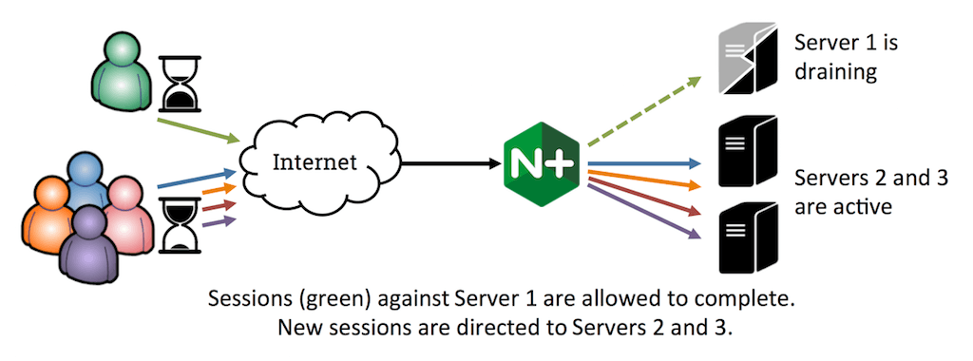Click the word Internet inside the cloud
coord(315,162)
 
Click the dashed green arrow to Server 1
coord(643,112)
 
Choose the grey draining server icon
coord(748,59)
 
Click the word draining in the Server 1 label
coord(836,71)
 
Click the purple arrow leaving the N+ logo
coord(643,211)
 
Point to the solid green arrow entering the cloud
coord(200,130)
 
